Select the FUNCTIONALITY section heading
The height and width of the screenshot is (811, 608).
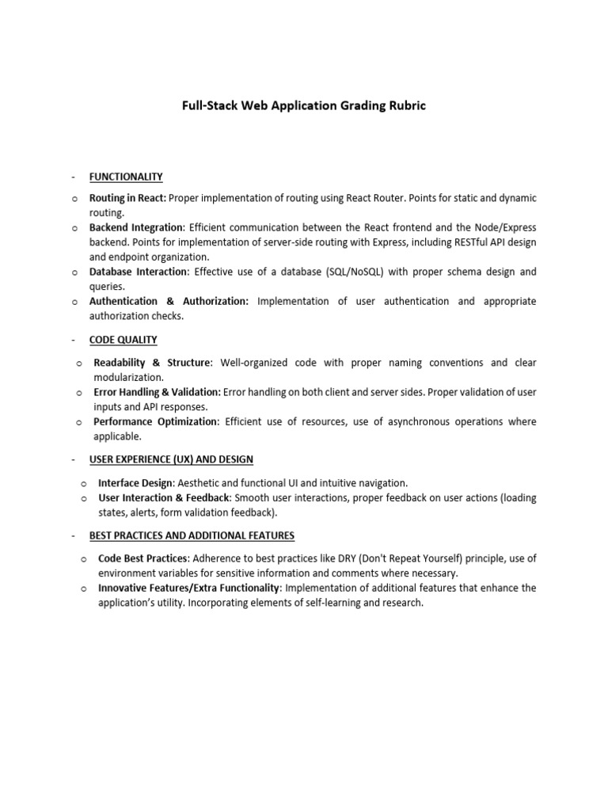click(x=126, y=177)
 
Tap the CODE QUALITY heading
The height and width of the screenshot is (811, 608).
click(x=123, y=340)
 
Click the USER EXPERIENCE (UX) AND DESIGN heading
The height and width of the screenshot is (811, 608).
click(x=171, y=459)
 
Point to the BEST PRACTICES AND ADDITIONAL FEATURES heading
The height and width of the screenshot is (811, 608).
click(x=192, y=535)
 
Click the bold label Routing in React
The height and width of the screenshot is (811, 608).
click(x=127, y=197)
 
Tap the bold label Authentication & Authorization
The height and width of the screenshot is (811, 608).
click(x=169, y=301)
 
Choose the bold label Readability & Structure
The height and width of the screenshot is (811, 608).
click(x=152, y=363)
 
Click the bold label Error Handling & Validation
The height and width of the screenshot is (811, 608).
click(x=157, y=392)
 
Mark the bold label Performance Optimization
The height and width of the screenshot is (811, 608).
click(x=155, y=421)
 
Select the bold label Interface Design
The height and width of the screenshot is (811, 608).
click(x=135, y=482)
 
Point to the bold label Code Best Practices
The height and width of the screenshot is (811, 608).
click(x=143, y=558)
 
